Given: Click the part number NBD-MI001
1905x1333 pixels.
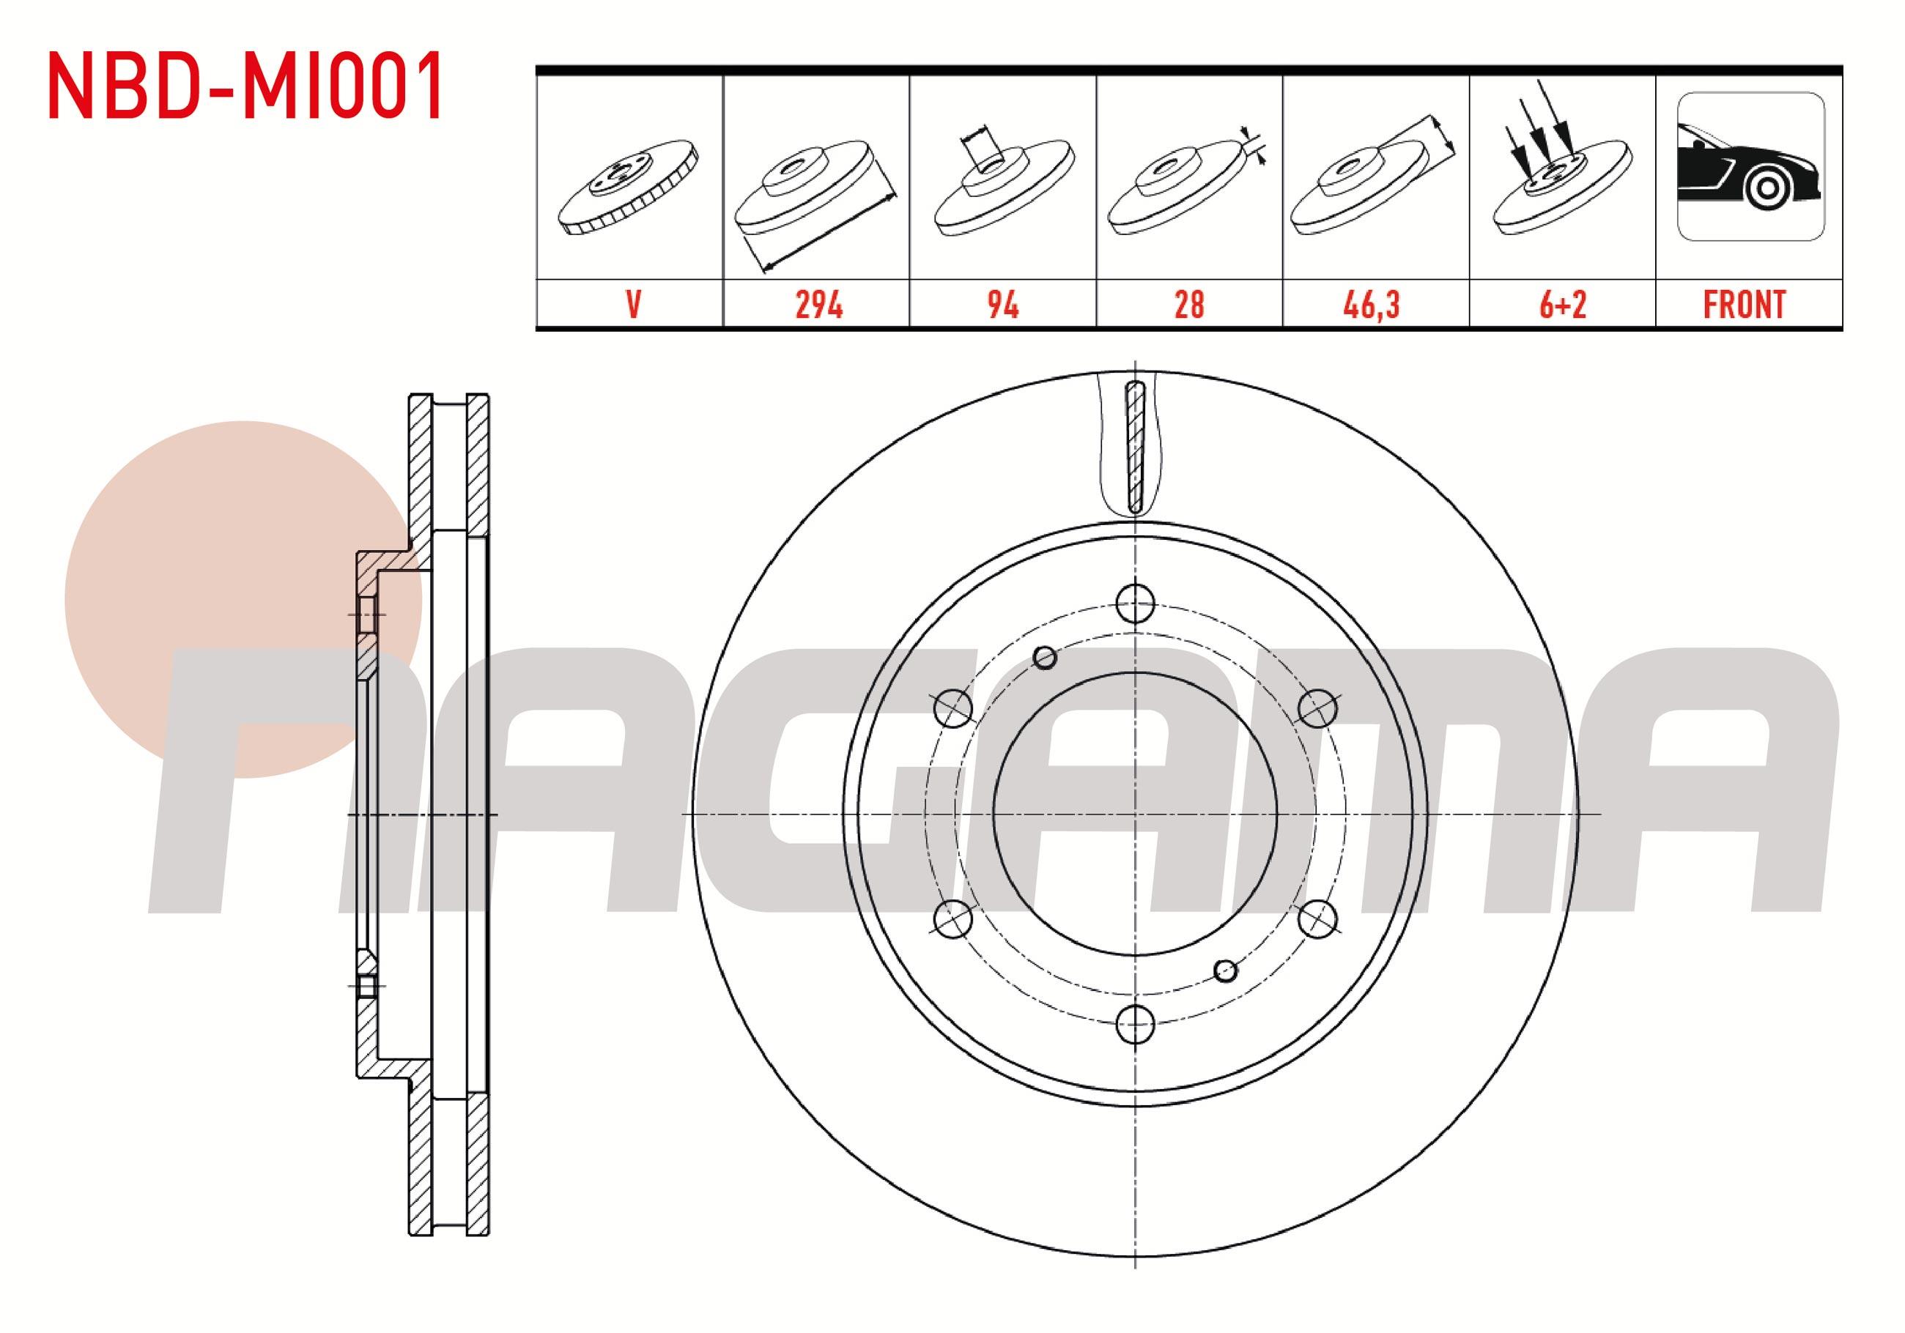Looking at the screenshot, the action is [x=245, y=86].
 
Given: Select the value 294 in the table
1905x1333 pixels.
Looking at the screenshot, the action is [x=818, y=305].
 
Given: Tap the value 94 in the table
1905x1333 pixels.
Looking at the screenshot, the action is [x=1002, y=305].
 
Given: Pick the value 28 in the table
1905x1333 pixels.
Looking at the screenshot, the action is [x=1189, y=305].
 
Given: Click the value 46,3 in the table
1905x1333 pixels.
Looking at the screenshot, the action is [x=1372, y=305].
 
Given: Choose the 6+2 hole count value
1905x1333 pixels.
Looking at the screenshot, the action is [x=1562, y=305].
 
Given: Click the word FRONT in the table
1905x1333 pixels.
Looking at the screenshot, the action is [x=1743, y=305].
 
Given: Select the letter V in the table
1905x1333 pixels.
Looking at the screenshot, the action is [x=633, y=305].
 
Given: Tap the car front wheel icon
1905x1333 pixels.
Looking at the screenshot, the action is [x=1750, y=166].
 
